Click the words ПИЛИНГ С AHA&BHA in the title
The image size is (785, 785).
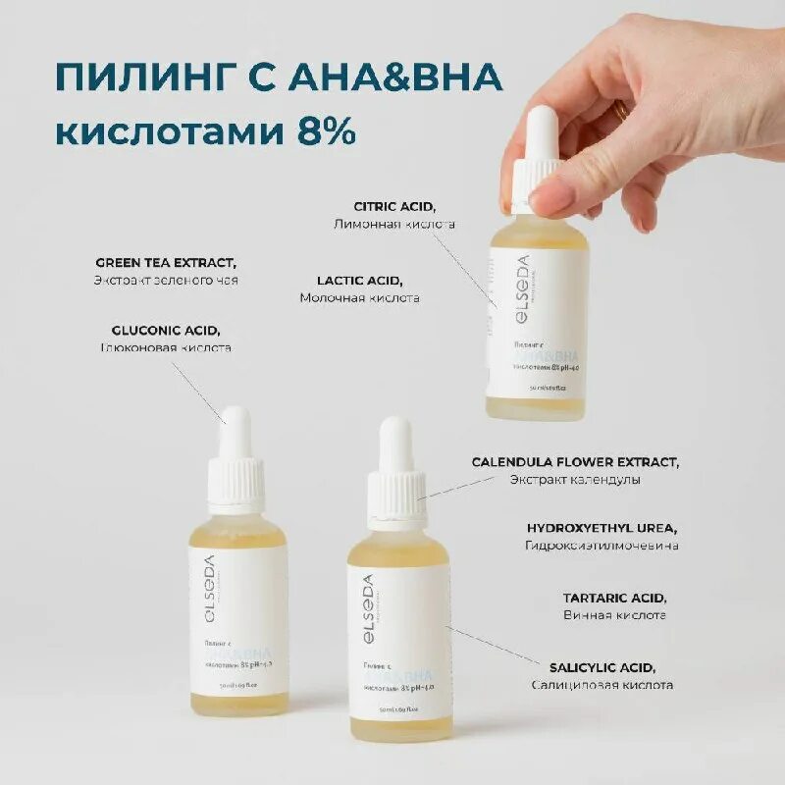(x=279, y=78)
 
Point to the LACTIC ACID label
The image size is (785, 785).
(x=360, y=280)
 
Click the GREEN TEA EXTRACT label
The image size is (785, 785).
(x=166, y=262)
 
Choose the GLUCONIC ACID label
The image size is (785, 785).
(x=166, y=330)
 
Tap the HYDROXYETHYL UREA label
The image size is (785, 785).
(x=602, y=527)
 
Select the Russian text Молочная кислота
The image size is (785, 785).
(x=360, y=297)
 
